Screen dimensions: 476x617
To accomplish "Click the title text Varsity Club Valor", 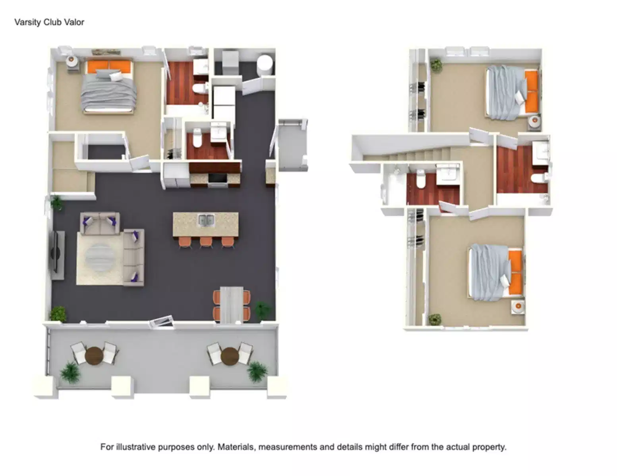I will click(49, 22).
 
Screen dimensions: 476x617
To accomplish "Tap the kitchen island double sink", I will click(206, 220).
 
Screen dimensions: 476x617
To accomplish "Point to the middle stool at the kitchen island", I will click(206, 242).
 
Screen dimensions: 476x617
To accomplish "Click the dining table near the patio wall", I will click(232, 304).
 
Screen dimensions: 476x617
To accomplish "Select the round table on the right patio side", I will click(229, 356).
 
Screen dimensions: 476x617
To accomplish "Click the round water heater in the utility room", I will click(265, 64).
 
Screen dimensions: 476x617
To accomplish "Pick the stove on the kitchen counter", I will click(217, 178).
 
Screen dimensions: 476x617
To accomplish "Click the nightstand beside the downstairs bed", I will click(72, 61).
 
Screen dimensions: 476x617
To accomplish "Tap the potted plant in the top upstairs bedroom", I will click(436, 65).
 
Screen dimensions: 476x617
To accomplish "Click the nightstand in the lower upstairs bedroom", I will click(517, 307).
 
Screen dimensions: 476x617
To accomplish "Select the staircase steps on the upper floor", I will click(421, 152).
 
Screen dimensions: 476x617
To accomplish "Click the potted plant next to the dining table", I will click(263, 308).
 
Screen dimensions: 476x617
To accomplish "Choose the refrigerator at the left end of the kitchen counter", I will click(176, 175).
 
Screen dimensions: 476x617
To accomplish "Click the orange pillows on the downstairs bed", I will click(108, 66).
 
